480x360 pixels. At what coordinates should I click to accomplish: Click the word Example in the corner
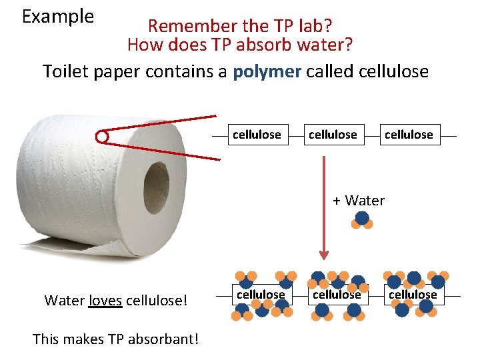[x=58, y=17]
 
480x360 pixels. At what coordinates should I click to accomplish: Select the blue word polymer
[x=267, y=71]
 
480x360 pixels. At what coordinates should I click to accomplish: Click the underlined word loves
[x=105, y=300]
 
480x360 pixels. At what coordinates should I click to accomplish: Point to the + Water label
[x=358, y=200]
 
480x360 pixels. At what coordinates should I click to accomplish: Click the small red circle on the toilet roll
[x=101, y=137]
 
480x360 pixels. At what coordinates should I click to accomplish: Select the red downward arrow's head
[x=324, y=254]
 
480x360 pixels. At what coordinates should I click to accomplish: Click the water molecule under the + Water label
[x=362, y=219]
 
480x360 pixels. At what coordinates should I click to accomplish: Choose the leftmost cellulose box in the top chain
[x=257, y=135]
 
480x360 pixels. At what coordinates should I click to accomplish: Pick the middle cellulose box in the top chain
[x=333, y=135]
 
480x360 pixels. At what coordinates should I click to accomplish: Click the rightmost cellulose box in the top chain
[x=409, y=135]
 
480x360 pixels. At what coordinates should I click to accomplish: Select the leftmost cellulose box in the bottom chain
[x=261, y=294]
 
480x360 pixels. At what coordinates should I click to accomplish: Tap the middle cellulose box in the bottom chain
[x=337, y=294]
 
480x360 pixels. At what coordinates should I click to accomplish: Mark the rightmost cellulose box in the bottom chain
[x=413, y=294]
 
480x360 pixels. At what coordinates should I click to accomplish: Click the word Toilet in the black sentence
[x=63, y=71]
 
